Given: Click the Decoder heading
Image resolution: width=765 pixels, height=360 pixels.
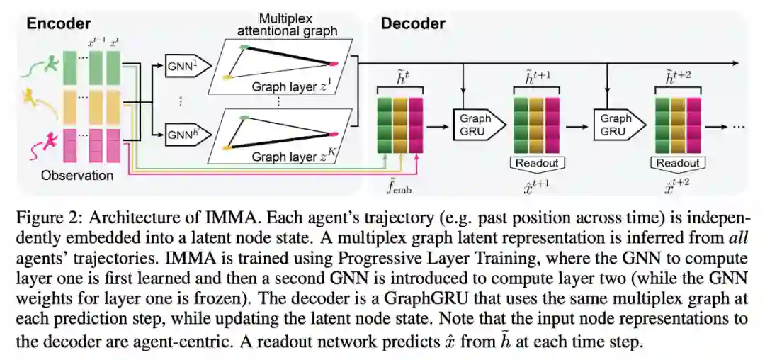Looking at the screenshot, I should [413, 23].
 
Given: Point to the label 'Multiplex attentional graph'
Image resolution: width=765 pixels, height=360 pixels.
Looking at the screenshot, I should [285, 25].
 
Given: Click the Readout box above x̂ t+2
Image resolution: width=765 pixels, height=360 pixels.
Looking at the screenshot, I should [678, 164].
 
